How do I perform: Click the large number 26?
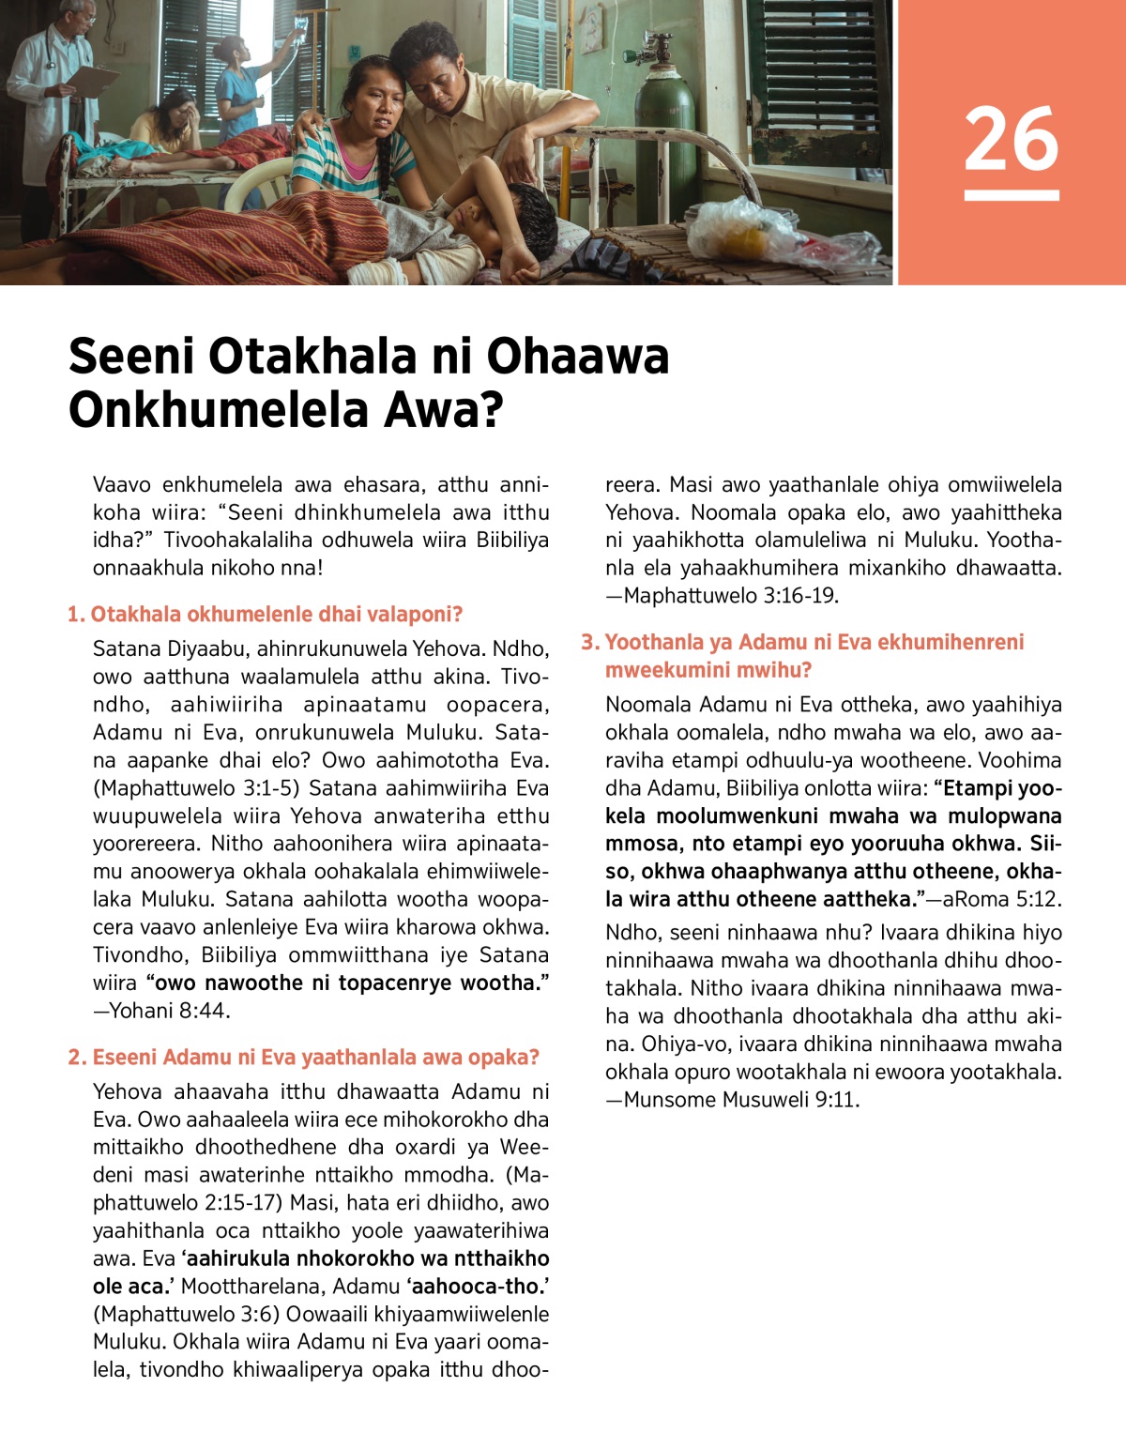[1011, 138]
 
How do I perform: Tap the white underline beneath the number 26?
[1011, 195]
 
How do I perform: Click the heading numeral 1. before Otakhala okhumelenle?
[75, 615]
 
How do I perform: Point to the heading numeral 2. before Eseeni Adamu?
[76, 1058]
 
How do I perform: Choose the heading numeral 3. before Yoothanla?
[589, 643]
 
